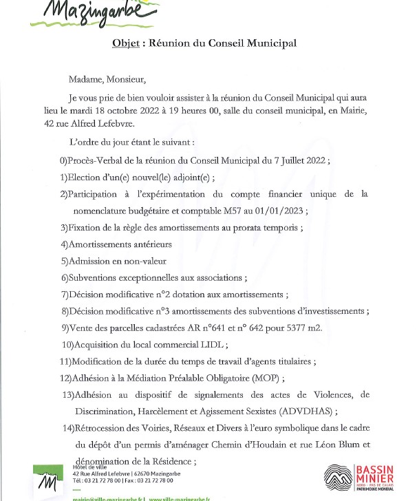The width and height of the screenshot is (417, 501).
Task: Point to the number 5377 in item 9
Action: [x=279, y=328]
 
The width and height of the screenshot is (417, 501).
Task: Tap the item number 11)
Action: [x=65, y=361]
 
